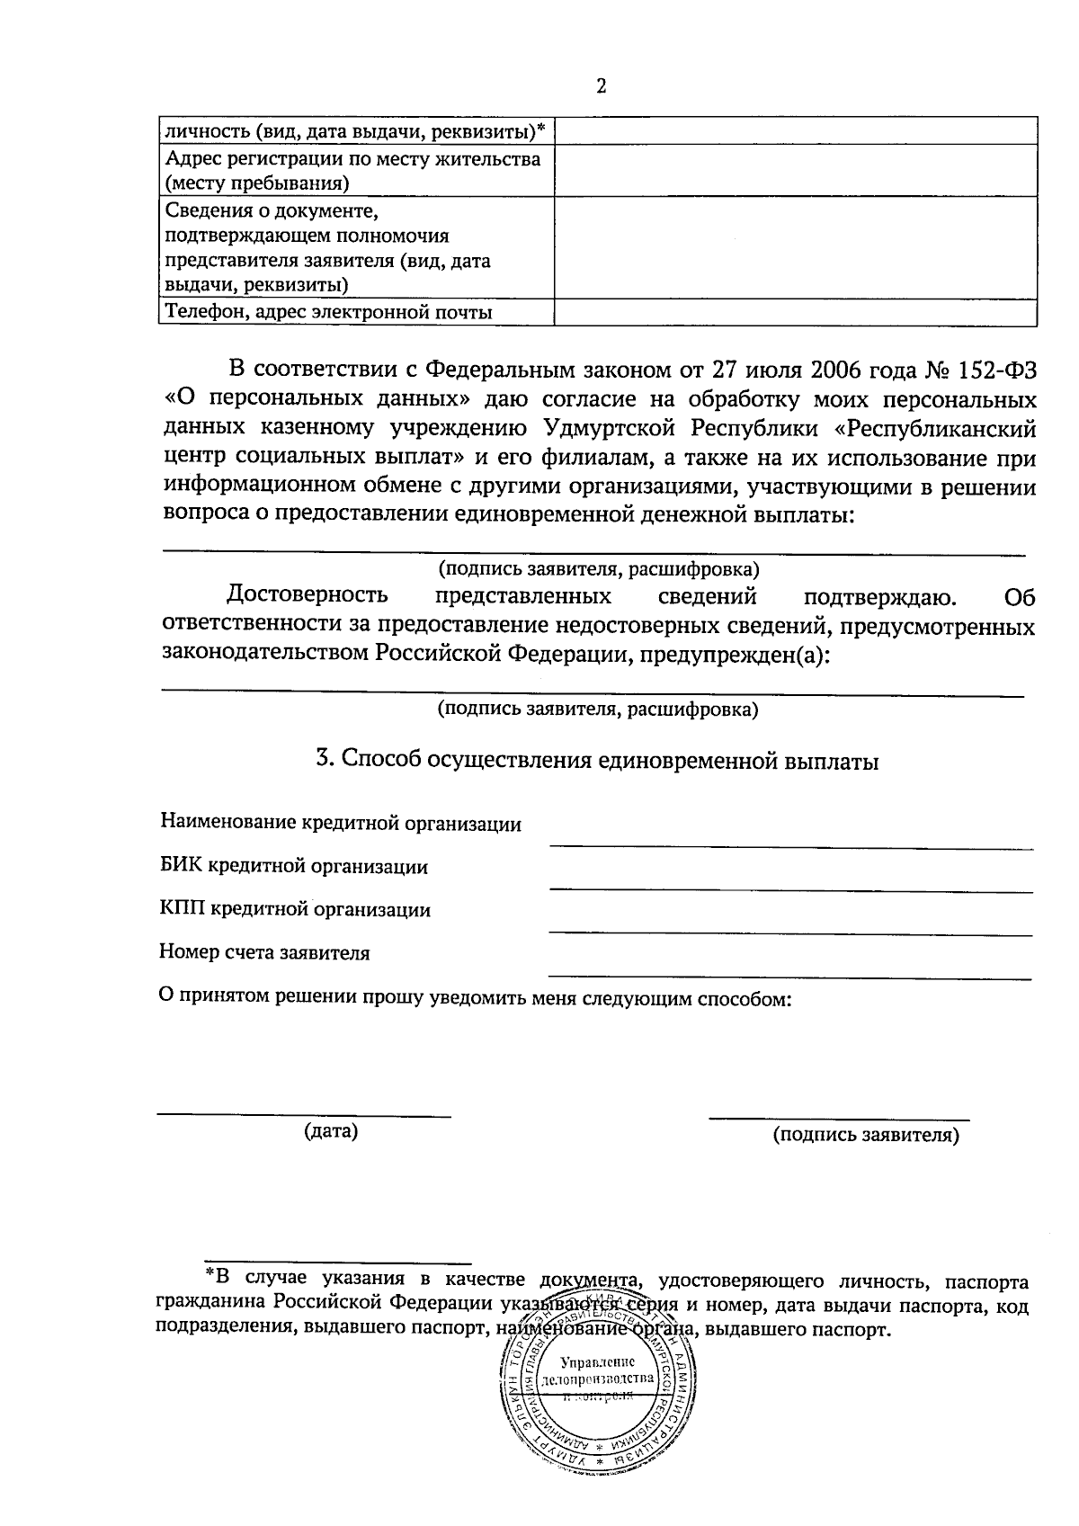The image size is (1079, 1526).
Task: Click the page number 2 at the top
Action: click(601, 86)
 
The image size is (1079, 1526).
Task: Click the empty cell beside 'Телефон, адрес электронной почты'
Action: click(795, 312)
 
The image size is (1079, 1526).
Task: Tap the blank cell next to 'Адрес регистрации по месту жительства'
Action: click(795, 171)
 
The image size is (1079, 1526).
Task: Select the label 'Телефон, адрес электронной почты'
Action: click(329, 313)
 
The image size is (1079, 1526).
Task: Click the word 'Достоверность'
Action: click(308, 595)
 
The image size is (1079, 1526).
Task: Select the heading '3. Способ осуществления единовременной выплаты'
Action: click(596, 761)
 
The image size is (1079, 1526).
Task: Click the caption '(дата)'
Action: click(331, 1131)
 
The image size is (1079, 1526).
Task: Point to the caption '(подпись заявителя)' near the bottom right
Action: click(866, 1135)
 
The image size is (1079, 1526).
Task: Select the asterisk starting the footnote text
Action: click(210, 1274)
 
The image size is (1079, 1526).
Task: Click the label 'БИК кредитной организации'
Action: click(294, 867)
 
